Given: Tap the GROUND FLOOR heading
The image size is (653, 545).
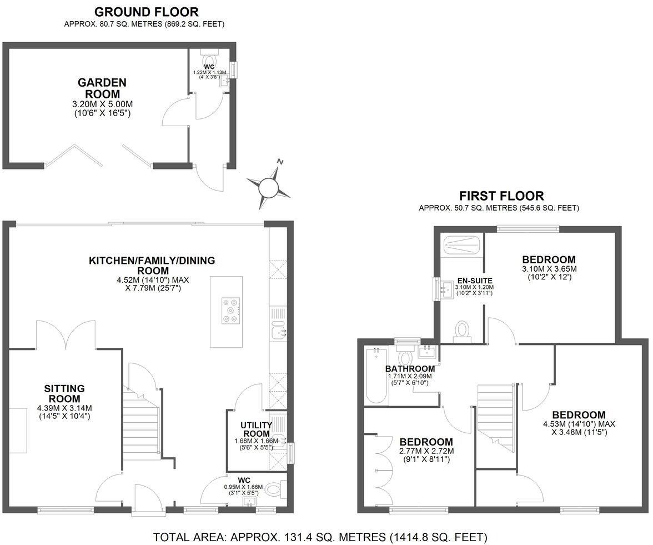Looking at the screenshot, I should point(146,12).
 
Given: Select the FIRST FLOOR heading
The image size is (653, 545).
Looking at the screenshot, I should point(501,196).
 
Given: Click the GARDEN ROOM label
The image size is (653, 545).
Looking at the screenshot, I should point(102,88).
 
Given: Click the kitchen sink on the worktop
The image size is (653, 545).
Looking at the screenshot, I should point(278,332).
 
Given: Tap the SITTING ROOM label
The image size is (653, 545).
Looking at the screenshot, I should point(64,393).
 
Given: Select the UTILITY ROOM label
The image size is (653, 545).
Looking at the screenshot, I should point(255,429).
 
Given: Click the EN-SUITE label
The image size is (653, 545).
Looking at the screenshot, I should point(474,281).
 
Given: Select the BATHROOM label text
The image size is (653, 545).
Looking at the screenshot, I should point(410,369).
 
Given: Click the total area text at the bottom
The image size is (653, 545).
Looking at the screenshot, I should point(320,537).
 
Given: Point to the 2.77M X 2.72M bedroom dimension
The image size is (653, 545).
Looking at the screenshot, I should point(426,451).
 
